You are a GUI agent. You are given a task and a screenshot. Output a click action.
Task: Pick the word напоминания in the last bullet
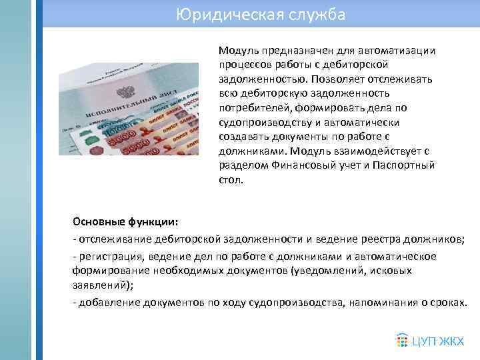380,302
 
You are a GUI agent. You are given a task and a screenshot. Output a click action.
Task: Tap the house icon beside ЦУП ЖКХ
403,340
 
